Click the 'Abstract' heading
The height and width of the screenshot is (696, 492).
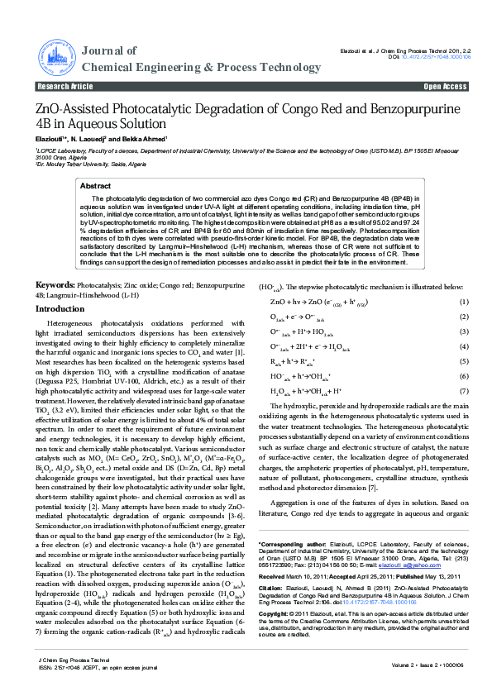(x=95, y=187)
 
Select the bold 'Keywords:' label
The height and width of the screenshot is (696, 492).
(x=55, y=285)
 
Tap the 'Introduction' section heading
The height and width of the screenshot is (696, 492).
(x=65, y=308)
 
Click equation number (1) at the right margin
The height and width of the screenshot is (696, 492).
(x=464, y=303)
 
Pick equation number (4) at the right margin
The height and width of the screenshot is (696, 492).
(x=464, y=346)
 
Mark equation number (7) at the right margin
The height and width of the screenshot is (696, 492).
(x=464, y=390)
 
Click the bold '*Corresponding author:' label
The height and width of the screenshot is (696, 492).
(x=289, y=544)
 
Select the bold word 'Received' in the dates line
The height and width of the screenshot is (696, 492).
(x=272, y=575)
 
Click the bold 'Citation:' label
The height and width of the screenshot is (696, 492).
(x=272, y=588)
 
